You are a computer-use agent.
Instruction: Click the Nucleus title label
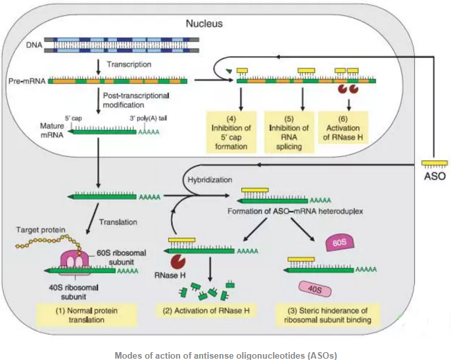(x=204, y=24)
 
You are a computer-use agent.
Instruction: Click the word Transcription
(x=129, y=65)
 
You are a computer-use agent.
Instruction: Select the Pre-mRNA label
(x=26, y=81)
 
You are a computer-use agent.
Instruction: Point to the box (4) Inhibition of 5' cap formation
(x=229, y=131)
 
